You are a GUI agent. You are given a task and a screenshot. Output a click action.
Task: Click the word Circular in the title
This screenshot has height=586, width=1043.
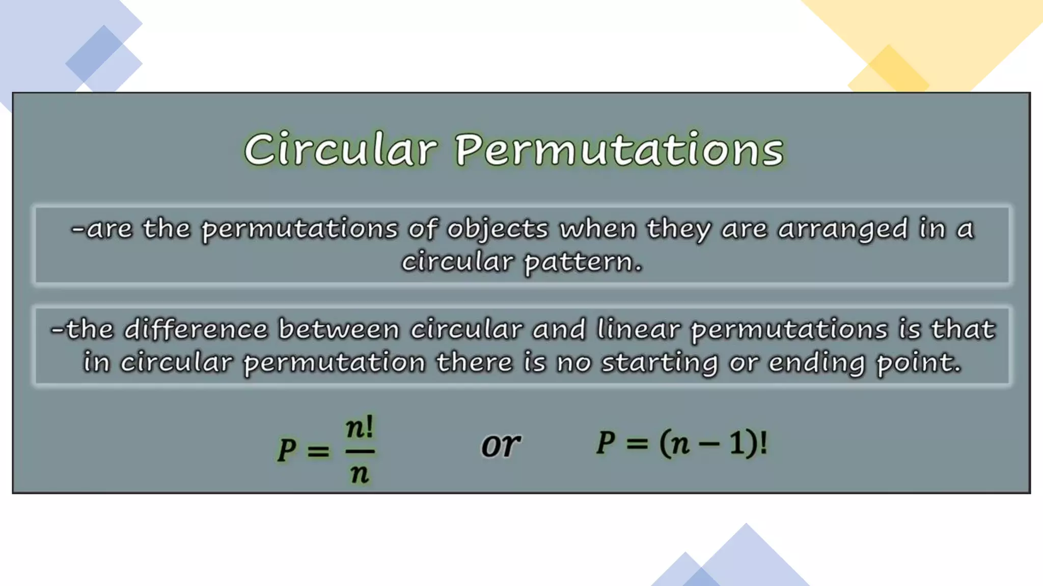pyautogui.click(x=341, y=149)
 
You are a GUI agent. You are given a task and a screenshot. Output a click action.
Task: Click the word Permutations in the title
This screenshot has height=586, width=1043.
pyautogui.click(x=619, y=149)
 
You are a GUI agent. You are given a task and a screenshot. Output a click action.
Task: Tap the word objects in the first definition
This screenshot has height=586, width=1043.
pyautogui.click(x=498, y=229)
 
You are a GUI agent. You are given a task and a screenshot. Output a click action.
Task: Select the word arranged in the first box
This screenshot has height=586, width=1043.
pyautogui.click(x=843, y=229)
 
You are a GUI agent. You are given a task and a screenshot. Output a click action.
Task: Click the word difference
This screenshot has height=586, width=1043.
pyautogui.click(x=196, y=330)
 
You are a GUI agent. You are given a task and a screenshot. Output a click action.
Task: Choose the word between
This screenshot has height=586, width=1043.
pyautogui.click(x=339, y=330)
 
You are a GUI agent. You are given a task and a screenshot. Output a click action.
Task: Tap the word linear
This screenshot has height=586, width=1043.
pyautogui.click(x=639, y=329)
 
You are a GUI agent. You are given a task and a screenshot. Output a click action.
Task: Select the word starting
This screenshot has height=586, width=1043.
pyautogui.click(x=660, y=363)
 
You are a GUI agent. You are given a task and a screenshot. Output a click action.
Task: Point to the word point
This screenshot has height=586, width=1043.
pyautogui.click(x=918, y=363)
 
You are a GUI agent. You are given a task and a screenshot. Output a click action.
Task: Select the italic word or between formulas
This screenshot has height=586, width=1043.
pyautogui.click(x=501, y=446)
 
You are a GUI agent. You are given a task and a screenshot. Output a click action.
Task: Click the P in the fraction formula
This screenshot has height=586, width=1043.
pyautogui.click(x=287, y=450)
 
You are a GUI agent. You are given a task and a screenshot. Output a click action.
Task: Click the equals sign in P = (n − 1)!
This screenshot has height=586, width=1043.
pyautogui.click(x=637, y=444)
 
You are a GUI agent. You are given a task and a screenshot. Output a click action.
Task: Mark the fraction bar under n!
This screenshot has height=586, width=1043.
pyautogui.click(x=360, y=451)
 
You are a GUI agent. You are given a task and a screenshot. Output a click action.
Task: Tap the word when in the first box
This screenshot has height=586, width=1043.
pyautogui.click(x=598, y=229)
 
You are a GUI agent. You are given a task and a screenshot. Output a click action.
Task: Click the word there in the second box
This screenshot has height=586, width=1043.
pyautogui.click(x=474, y=363)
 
